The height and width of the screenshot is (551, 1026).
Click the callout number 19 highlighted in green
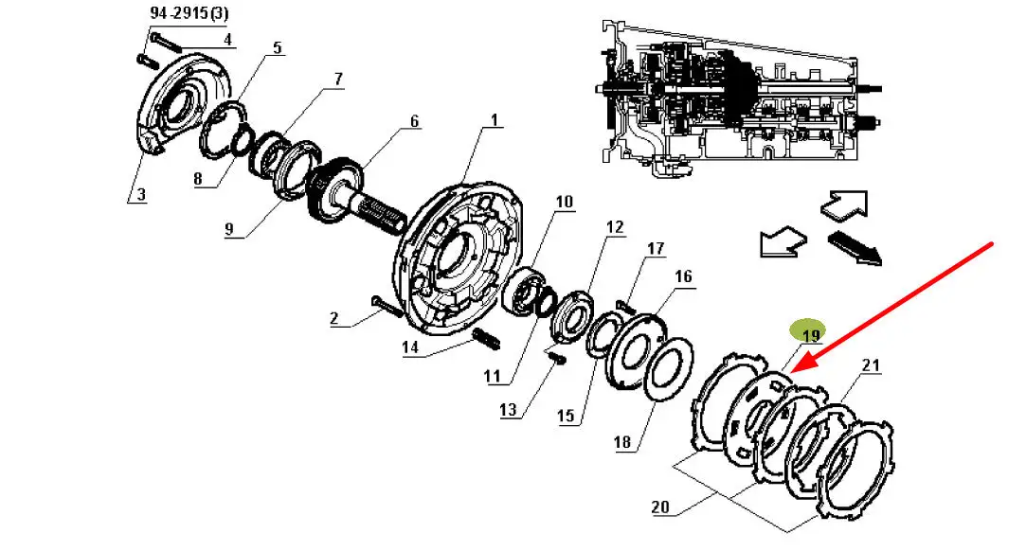pos(810,336)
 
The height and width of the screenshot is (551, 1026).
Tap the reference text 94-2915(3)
pos(189,13)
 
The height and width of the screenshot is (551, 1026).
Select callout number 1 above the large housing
pos(494,120)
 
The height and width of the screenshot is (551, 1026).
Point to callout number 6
pos(414,121)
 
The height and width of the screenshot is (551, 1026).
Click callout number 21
pos(871,364)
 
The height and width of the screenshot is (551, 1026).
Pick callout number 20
pos(660,507)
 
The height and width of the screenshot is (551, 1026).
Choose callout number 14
pos(410,347)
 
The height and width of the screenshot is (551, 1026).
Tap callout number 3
pos(140,194)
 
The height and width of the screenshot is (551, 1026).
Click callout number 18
pos(622,442)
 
